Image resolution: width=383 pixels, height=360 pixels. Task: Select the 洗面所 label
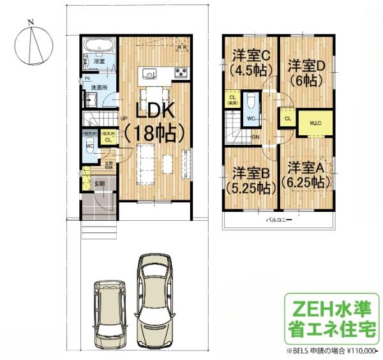[x=98, y=87]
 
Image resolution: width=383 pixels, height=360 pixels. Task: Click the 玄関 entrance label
[x=100, y=184]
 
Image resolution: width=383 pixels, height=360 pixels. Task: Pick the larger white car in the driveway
[x=154, y=291]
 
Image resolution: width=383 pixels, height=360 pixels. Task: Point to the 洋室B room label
[x=250, y=179]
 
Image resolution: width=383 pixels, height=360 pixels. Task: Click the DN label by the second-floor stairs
[x=255, y=137]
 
